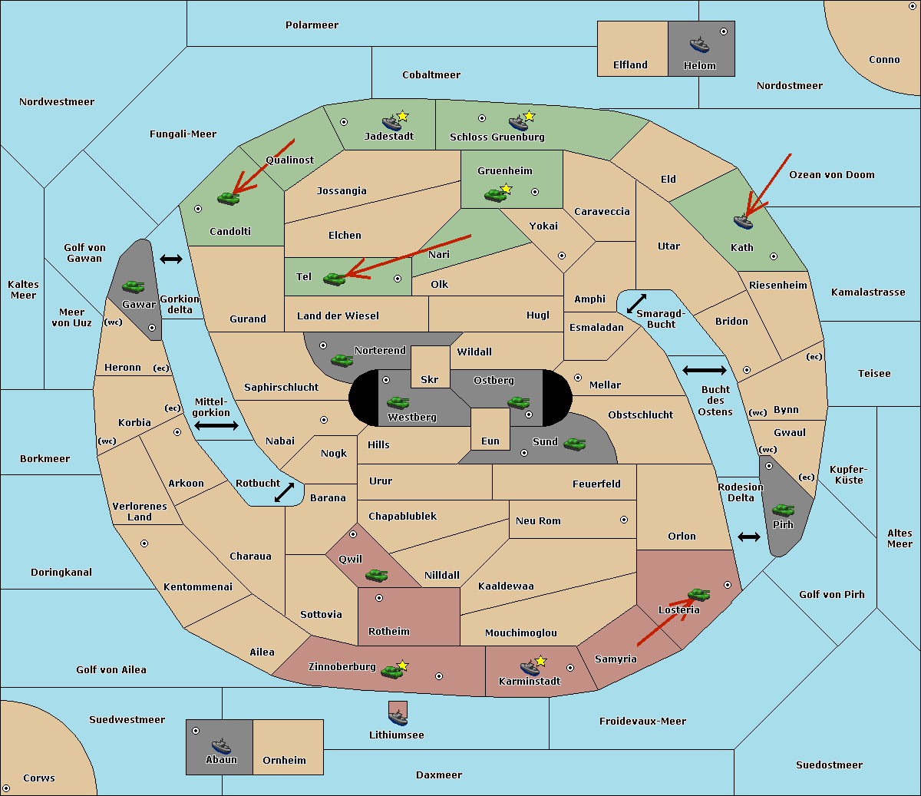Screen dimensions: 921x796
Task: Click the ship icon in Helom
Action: [x=699, y=45]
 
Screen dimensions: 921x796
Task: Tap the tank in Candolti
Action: [x=228, y=198]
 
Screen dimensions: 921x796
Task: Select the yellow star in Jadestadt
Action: [x=402, y=116]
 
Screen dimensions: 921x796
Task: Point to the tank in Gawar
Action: [x=134, y=286]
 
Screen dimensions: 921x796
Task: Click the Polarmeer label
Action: [x=312, y=25]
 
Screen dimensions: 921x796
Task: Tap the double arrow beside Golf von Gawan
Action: [x=171, y=259]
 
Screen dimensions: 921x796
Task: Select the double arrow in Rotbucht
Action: [x=284, y=492]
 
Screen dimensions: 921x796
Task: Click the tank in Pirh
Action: [x=783, y=510]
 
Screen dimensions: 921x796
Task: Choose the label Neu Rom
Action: [x=538, y=520]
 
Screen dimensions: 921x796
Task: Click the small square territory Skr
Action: [x=430, y=367]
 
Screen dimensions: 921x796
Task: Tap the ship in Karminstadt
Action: [x=530, y=668]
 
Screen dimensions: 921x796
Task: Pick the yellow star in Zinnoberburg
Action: [x=402, y=666]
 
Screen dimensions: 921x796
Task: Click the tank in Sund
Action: [x=574, y=444]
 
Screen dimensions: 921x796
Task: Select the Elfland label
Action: [x=630, y=65]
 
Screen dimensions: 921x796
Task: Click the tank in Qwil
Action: [x=376, y=575]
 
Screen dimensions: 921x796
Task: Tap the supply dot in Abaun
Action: [x=196, y=731]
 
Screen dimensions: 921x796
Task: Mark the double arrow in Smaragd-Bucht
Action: [x=636, y=303]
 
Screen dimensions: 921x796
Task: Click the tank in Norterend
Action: [x=342, y=360]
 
